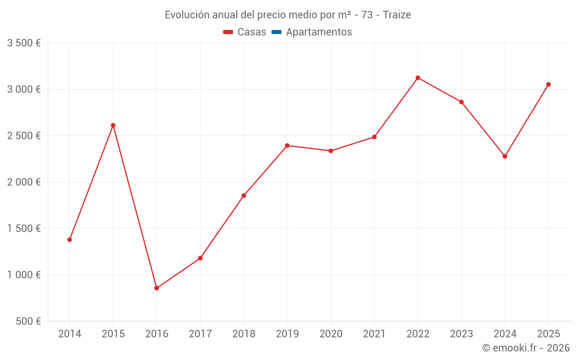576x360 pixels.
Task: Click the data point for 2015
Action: coord(113,125)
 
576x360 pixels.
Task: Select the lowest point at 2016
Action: coord(157,288)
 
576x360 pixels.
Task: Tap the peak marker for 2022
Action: coord(418,78)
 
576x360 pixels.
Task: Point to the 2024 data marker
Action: coord(505,156)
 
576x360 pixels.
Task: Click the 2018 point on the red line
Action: coord(244,196)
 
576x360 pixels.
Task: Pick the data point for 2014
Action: coord(70,240)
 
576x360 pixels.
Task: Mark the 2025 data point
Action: coord(548,85)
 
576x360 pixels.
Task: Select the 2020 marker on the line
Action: coord(331,151)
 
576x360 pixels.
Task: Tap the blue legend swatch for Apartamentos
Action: coord(276,32)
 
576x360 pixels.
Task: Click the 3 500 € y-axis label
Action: coord(24,43)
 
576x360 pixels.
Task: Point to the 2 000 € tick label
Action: coord(24,182)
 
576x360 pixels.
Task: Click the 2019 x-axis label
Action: coord(287,334)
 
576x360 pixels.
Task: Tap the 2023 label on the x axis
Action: coord(461,334)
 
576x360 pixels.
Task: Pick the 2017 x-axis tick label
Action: coord(200,334)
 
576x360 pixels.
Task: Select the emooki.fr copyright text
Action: coord(526,348)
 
